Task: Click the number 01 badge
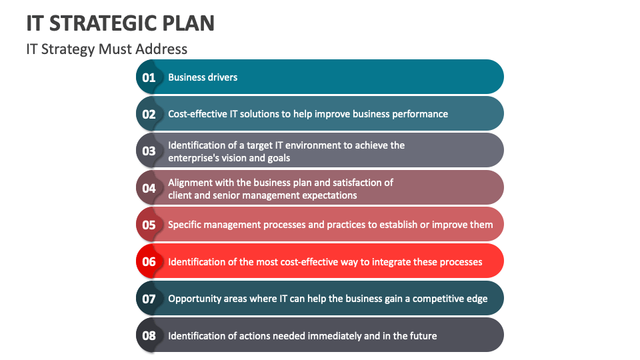(x=149, y=77)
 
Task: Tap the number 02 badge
(x=149, y=114)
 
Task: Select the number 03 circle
(x=149, y=151)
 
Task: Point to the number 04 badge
(x=149, y=188)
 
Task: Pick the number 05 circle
(x=149, y=225)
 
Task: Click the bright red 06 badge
(x=149, y=261)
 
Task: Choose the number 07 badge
(x=149, y=299)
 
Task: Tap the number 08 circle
(x=149, y=335)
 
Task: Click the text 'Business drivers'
(x=203, y=77)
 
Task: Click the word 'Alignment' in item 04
(x=190, y=182)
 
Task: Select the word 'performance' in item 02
(x=419, y=114)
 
